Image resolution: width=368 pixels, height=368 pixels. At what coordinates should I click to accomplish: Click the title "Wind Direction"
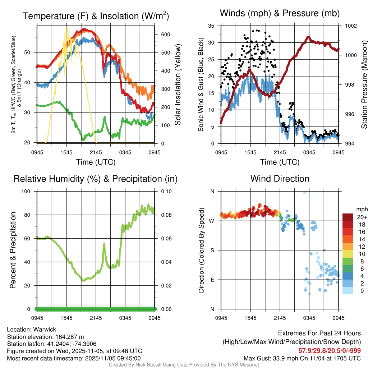[280, 179]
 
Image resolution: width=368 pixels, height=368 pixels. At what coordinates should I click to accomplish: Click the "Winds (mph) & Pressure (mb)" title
[280, 13]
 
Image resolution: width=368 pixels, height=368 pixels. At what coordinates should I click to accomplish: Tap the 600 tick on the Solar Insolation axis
[166, 34]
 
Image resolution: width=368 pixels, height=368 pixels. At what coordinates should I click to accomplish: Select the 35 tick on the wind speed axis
[211, 26]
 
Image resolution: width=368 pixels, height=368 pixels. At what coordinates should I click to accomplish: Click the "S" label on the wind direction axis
[212, 250]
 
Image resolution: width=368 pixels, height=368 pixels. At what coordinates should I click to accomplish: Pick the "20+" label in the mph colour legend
[362, 217]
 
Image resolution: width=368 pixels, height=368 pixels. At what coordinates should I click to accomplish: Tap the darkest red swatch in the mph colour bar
[348, 217]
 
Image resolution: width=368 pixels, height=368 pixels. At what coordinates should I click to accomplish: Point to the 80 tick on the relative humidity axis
[29, 215]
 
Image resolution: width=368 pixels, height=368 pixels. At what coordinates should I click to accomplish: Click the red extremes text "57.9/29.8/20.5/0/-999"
[330, 350]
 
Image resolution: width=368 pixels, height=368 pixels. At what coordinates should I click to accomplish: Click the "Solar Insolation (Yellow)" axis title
[178, 85]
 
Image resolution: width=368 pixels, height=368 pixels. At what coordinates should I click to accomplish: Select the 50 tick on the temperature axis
[31, 52]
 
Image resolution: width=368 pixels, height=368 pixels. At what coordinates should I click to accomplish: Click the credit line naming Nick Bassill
[184, 365]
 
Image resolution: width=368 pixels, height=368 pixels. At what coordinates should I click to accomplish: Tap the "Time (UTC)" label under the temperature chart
[96, 162]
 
